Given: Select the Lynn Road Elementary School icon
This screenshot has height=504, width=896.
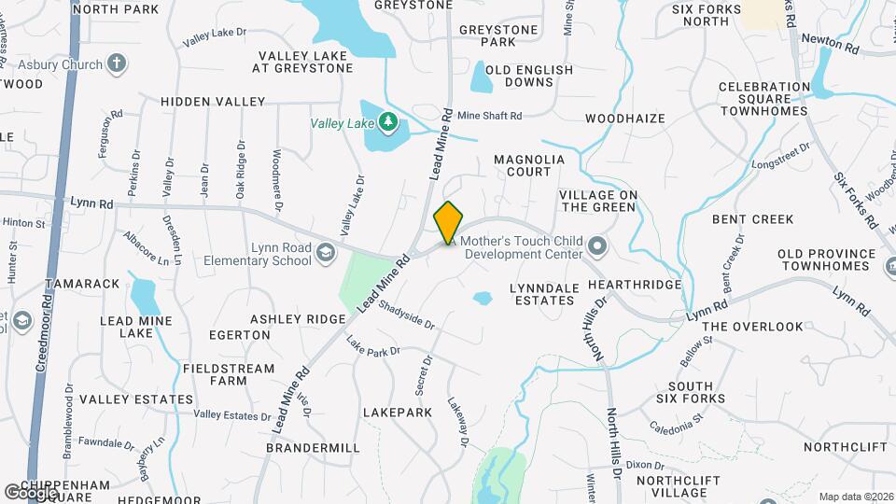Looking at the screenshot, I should coord(325,252).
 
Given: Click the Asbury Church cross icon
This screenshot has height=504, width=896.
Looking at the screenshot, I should coord(116,64).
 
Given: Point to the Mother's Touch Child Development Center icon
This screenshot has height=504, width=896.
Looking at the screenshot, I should coord(597,247).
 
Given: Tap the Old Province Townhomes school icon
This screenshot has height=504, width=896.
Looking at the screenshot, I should coord(888,266).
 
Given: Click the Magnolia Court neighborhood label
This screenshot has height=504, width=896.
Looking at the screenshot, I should coord(529,165).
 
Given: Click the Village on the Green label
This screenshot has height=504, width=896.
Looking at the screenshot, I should coord(597,201).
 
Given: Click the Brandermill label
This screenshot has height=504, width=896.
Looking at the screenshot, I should coord(313,448).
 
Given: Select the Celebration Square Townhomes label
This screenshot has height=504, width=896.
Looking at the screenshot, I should coord(763,98).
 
